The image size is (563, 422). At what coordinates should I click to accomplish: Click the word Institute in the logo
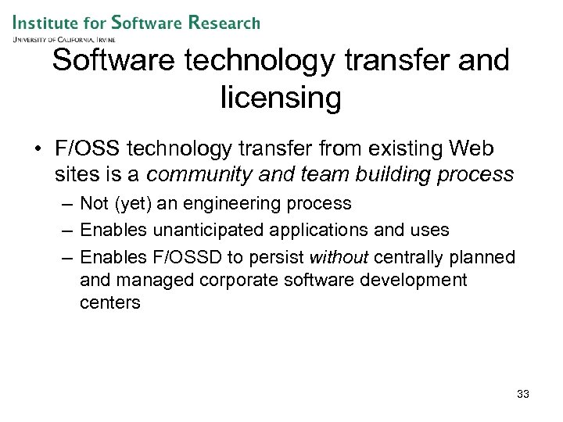click(48, 22)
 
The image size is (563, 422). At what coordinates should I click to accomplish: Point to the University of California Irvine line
click(64, 38)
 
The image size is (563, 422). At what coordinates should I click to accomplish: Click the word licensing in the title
click(281, 98)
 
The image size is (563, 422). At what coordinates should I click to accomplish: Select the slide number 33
click(523, 394)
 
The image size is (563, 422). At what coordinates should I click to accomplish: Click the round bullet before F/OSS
click(40, 148)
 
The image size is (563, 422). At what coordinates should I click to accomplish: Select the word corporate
click(240, 280)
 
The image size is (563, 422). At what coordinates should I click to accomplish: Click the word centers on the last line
click(110, 302)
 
